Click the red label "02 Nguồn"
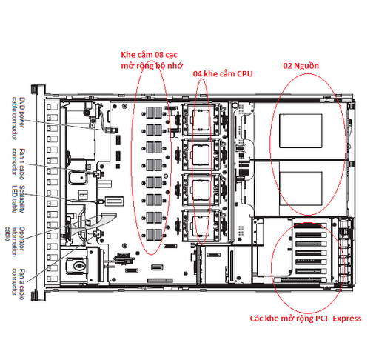(301, 66)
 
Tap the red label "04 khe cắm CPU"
(223, 74)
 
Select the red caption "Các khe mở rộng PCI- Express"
(306, 319)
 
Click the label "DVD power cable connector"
(19, 119)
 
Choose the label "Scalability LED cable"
(19, 199)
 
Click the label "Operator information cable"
(15, 241)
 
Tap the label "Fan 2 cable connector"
(19, 284)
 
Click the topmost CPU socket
(201, 120)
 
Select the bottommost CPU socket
(201, 225)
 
